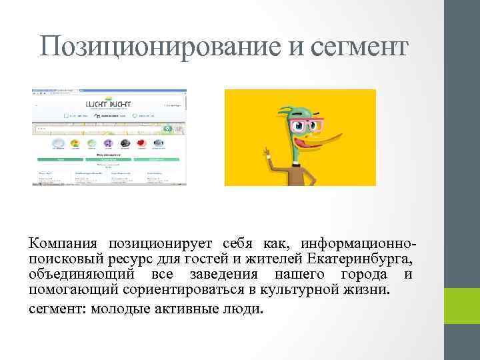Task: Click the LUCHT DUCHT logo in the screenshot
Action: coord(109,104)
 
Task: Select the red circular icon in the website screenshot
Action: coord(141,143)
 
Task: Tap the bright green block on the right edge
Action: coord(462,305)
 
